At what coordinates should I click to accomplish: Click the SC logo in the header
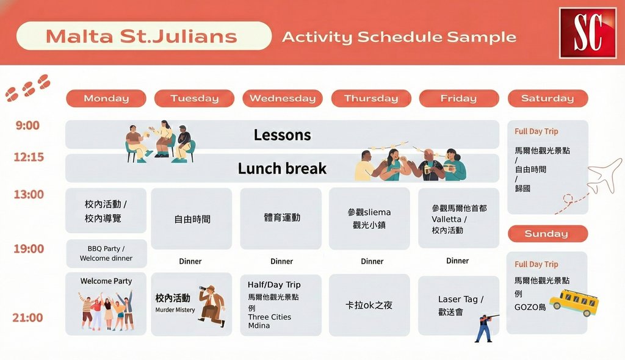pos(588,33)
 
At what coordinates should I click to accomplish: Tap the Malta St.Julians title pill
pos(144,36)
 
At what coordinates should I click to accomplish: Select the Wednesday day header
pos(283,98)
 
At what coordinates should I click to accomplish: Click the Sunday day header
pos(547,234)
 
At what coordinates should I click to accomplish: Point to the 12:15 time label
pos(29,157)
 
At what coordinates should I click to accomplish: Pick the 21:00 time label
pos(28,318)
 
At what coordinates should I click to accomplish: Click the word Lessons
pos(282,135)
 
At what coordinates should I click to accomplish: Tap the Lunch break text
pos(282,168)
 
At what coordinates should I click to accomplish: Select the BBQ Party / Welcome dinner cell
pos(106,254)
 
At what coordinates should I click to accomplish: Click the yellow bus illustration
pos(574,303)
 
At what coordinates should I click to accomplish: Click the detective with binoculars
pos(212,306)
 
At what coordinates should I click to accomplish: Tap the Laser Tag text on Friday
pos(460,300)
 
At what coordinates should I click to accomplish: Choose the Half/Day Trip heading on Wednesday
pos(274,285)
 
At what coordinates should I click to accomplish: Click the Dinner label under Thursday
pos(372,262)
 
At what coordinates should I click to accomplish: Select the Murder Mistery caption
pos(175,310)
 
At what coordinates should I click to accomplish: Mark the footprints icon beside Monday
pos(28,87)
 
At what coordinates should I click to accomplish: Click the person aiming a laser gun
pos(486,328)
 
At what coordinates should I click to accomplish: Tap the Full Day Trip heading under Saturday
pos(536,132)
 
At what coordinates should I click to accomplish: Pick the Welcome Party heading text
pos(106,281)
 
